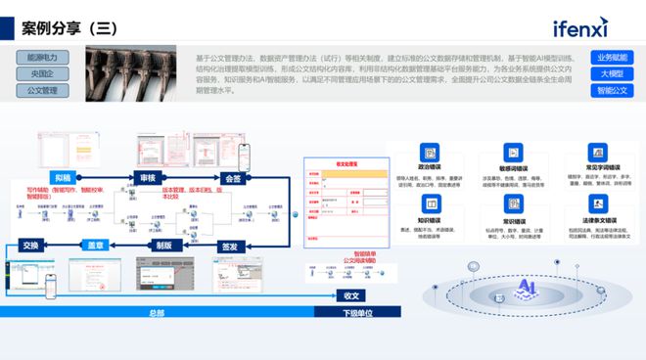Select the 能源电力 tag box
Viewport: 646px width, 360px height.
[41, 58]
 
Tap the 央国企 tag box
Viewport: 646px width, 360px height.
[41, 74]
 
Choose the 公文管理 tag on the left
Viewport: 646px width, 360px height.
[41, 91]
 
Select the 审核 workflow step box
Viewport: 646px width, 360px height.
[148, 178]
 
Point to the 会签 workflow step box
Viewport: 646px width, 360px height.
[231, 178]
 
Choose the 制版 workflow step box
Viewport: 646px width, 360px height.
[164, 247]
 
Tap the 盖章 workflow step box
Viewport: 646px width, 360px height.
[98, 247]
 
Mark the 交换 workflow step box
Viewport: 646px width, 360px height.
[31, 247]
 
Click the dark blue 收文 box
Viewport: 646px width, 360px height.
[351, 294]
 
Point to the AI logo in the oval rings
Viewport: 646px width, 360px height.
[530, 287]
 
